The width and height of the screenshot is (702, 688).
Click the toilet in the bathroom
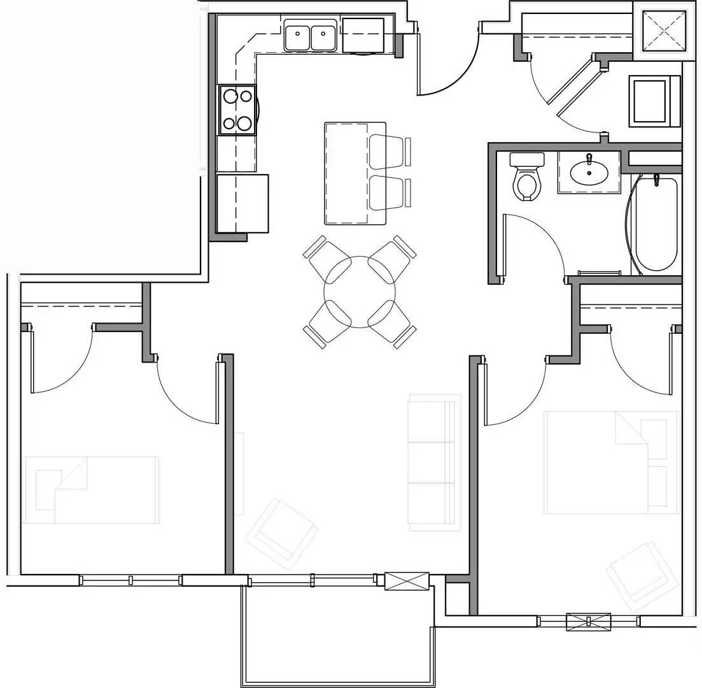click(527, 179)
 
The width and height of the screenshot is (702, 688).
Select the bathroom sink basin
click(589, 171)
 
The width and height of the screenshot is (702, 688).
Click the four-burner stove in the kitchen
click(238, 110)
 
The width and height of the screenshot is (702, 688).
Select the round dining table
click(360, 292)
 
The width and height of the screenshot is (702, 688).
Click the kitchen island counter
click(347, 173)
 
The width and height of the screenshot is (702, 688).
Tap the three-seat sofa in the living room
click(433, 462)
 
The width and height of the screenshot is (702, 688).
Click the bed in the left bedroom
click(91, 489)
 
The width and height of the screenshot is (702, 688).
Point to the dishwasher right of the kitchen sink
click(363, 35)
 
